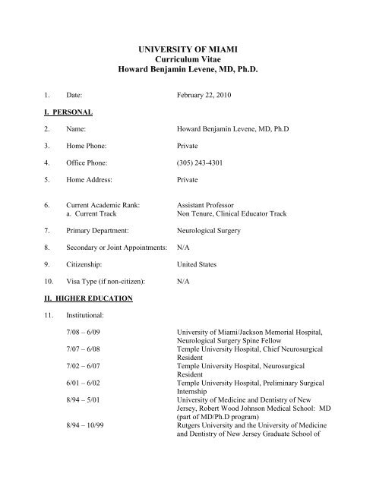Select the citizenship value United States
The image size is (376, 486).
197,264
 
